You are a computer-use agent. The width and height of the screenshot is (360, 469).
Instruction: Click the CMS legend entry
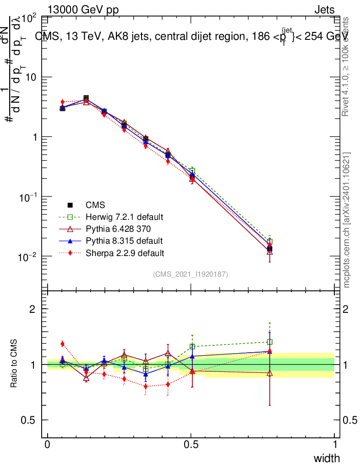(96, 205)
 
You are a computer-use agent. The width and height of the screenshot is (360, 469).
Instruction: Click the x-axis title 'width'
(326, 458)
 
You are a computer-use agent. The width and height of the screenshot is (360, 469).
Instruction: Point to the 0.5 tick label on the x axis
(191, 444)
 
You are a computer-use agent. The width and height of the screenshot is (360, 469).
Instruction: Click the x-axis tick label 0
(48, 444)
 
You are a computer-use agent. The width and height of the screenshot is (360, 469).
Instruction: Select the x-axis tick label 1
(334, 444)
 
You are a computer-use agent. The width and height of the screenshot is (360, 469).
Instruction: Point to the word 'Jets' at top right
(324, 10)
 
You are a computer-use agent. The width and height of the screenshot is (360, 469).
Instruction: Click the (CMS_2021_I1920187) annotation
(191, 274)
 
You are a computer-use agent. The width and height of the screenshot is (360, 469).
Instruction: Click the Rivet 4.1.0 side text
(347, 66)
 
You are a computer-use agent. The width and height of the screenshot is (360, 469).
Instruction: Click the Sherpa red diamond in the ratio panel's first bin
(62, 344)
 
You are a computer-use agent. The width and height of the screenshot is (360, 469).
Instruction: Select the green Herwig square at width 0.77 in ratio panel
(270, 342)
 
